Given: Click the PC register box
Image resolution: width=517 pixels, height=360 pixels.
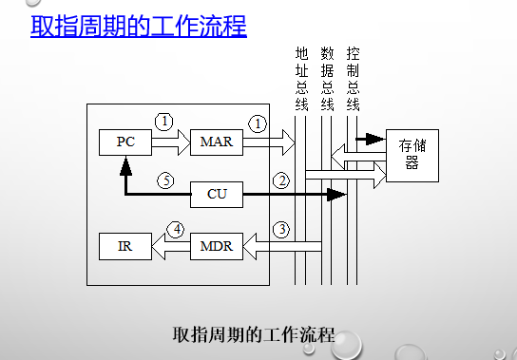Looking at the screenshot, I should (x=125, y=142).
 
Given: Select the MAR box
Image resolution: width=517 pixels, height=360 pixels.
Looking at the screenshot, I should (x=217, y=142).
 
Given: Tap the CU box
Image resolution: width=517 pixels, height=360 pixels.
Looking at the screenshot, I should (x=217, y=195).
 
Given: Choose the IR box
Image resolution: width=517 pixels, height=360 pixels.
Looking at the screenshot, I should (x=125, y=246).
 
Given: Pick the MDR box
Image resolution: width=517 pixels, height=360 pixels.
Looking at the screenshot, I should (x=217, y=246).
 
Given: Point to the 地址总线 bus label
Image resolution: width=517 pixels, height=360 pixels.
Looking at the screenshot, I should (x=301, y=78).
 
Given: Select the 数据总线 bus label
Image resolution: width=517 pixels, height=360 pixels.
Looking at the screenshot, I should (x=327, y=78).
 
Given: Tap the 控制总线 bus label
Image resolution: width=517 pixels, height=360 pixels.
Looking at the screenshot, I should (x=353, y=78).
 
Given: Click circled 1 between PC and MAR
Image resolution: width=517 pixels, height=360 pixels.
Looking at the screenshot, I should (x=165, y=122).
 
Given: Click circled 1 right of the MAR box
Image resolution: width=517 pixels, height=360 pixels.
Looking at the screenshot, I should (x=257, y=123).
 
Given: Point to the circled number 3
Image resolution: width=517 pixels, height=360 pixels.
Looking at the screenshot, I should (x=280, y=229).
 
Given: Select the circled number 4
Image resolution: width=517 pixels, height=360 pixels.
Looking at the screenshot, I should (x=175, y=229).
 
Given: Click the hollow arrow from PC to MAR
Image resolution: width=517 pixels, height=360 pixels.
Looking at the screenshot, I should (x=170, y=142).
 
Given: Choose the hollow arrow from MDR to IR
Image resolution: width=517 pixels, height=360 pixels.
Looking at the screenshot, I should (x=170, y=246).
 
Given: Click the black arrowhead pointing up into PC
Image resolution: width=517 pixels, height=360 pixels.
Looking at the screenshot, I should (x=125, y=167).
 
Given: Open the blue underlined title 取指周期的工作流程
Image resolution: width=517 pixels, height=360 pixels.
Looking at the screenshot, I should (x=139, y=26).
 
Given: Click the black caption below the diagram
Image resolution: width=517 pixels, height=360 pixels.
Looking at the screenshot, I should (x=255, y=334).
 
